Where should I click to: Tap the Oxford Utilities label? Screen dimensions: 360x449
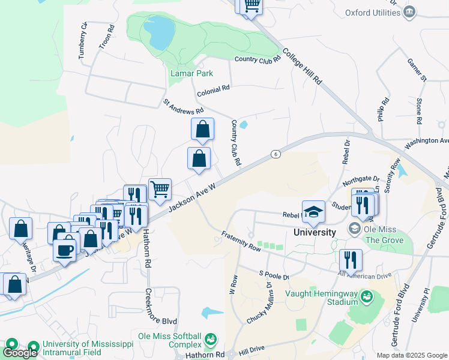(x=373, y=13)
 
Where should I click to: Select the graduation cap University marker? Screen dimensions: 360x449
(x=313, y=212)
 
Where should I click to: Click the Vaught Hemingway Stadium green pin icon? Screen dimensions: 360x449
(x=366, y=297)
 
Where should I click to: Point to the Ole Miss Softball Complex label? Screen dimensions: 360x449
(x=170, y=340)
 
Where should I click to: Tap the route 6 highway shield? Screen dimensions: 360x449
(x=276, y=154)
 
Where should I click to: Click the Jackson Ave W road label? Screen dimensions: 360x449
(x=191, y=197)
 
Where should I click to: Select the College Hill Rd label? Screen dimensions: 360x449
(x=302, y=66)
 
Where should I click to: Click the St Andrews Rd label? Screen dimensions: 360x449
(x=184, y=106)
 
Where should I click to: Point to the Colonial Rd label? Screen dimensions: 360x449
(x=213, y=91)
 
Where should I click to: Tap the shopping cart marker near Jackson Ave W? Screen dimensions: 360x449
(x=160, y=189)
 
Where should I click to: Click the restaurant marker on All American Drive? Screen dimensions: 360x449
(x=351, y=260)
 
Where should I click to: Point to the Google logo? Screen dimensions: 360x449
(x=20, y=352)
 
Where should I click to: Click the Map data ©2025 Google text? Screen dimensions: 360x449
(x=412, y=355)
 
